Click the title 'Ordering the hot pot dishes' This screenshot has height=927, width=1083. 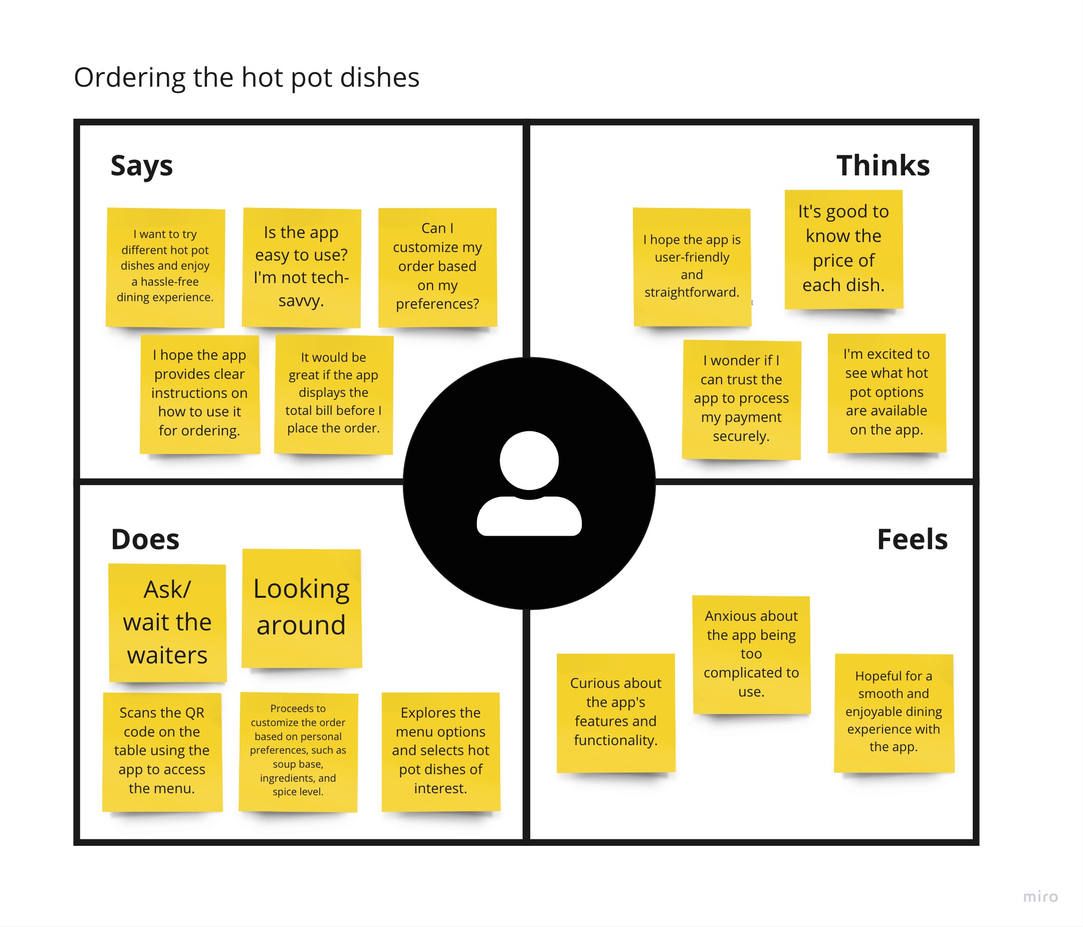pyautogui.click(x=246, y=77)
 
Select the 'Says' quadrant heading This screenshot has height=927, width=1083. pyautogui.click(x=141, y=166)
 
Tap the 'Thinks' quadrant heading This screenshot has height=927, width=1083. pyautogui.click(x=883, y=166)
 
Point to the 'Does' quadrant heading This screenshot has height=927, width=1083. pyautogui.click(x=145, y=539)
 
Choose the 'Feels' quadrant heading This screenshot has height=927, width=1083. pyautogui.click(x=912, y=539)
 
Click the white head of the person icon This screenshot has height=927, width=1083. pyautogui.click(x=529, y=460)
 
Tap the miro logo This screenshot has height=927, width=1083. pyautogui.click(x=1040, y=897)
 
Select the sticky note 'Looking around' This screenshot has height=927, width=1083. pyautogui.click(x=302, y=607)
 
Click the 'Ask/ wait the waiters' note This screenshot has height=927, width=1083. pyautogui.click(x=167, y=622)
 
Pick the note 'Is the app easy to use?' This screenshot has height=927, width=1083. pyautogui.click(x=301, y=267)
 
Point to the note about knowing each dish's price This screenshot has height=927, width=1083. pyautogui.click(x=843, y=249)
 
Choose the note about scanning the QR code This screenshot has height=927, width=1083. pyautogui.click(x=162, y=751)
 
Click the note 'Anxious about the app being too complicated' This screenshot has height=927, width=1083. pyautogui.click(x=751, y=654)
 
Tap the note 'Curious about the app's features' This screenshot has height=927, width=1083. pyautogui.click(x=616, y=712)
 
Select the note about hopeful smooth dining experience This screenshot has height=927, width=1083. pyautogui.click(x=894, y=712)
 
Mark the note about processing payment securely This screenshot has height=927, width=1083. pyautogui.click(x=741, y=399)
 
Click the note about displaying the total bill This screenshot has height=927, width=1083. pyautogui.click(x=333, y=393)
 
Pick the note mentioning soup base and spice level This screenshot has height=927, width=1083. pyautogui.click(x=298, y=751)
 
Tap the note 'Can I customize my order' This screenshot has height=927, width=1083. pyautogui.click(x=438, y=267)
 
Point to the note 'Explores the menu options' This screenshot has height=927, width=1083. pyautogui.click(x=441, y=751)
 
